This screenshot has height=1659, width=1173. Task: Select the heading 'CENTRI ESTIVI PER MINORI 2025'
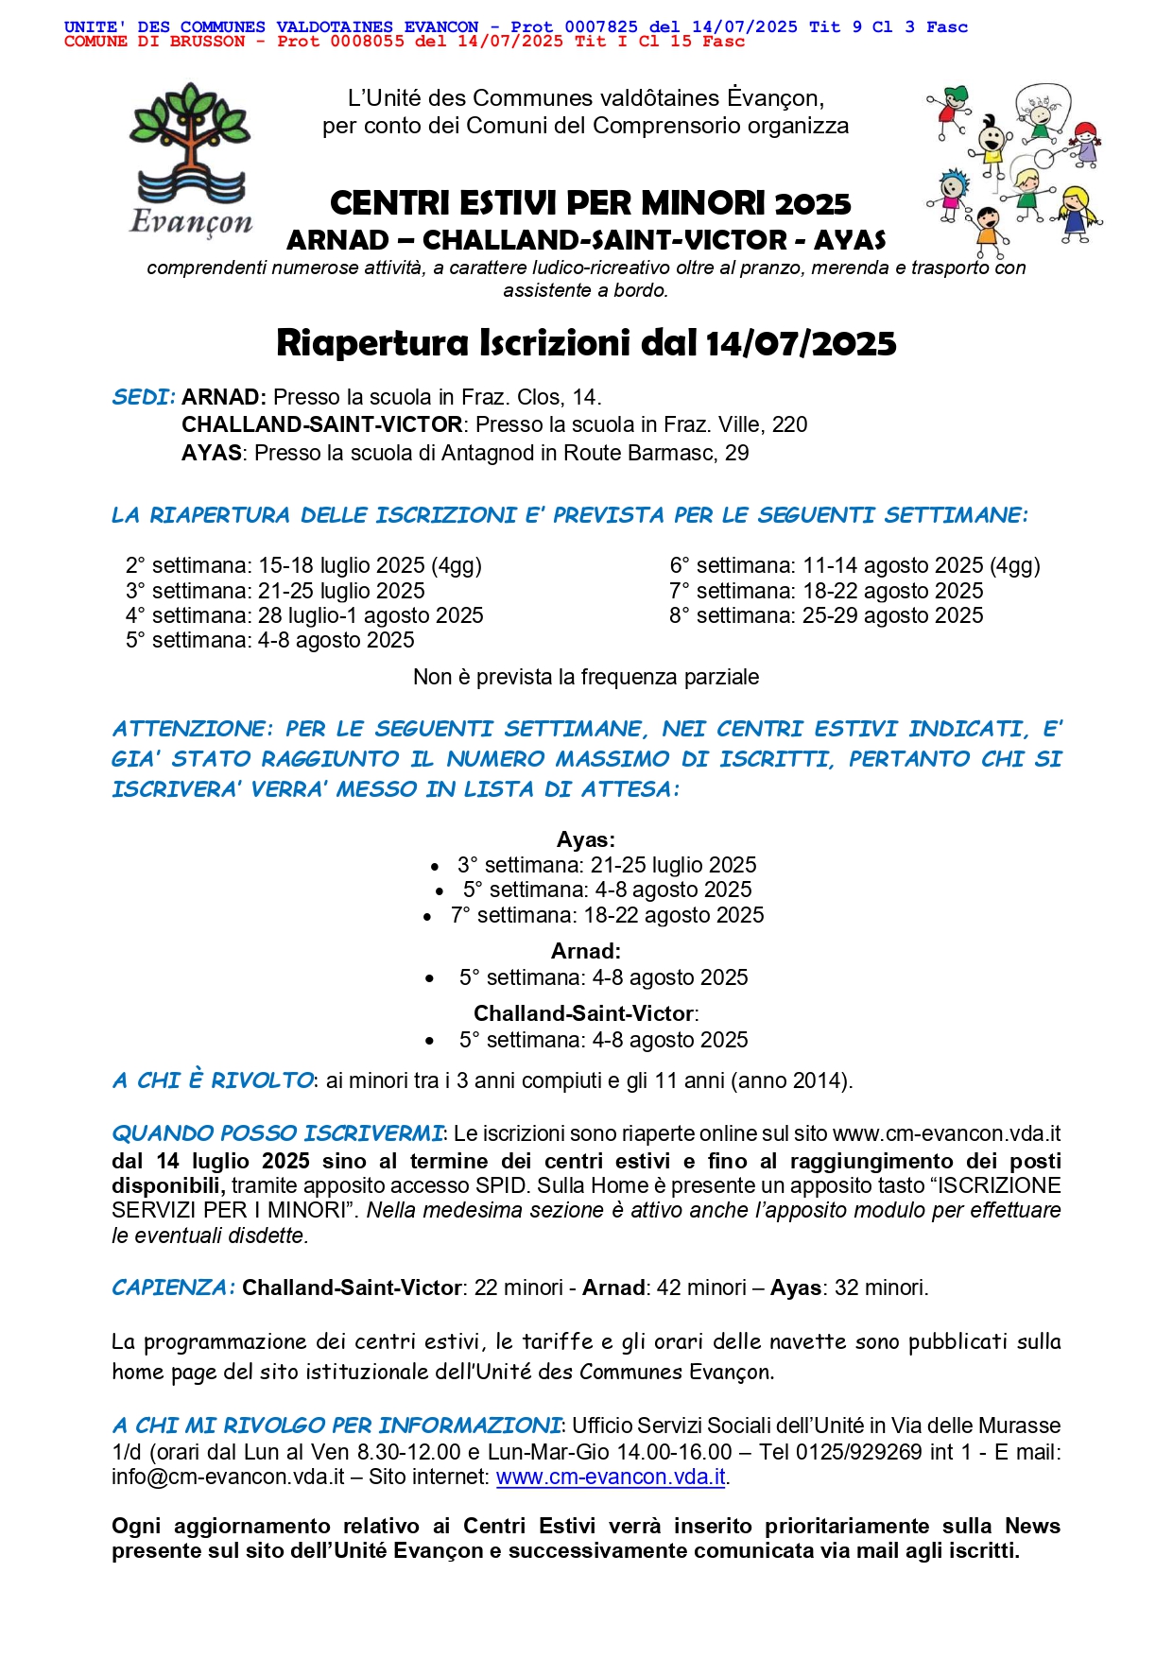[x=590, y=203]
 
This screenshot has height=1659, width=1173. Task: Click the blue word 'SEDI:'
[x=144, y=397]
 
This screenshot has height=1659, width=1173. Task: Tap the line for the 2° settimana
[x=303, y=565]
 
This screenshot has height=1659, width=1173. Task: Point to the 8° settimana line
[x=826, y=615]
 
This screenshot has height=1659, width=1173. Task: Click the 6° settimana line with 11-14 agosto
[x=854, y=565]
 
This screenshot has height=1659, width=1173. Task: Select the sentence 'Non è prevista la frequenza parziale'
[x=586, y=677]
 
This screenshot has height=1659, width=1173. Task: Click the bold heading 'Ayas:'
[x=586, y=839]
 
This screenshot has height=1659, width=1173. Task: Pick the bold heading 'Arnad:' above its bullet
[x=586, y=951]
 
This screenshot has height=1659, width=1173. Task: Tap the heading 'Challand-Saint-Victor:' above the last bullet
[x=586, y=1013]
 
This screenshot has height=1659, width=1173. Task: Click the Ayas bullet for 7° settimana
[x=607, y=915]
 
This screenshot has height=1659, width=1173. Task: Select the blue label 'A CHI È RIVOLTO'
[x=213, y=1080]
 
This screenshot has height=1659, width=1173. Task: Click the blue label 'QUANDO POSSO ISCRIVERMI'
[x=277, y=1133]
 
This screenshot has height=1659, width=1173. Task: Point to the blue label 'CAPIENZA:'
[x=173, y=1287]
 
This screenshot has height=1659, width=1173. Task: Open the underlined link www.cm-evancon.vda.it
[x=611, y=1477]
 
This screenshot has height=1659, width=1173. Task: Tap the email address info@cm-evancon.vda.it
[x=228, y=1477]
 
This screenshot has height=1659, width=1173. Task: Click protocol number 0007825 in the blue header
[x=601, y=27]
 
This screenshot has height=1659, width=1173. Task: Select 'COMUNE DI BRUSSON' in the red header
[x=154, y=42]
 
